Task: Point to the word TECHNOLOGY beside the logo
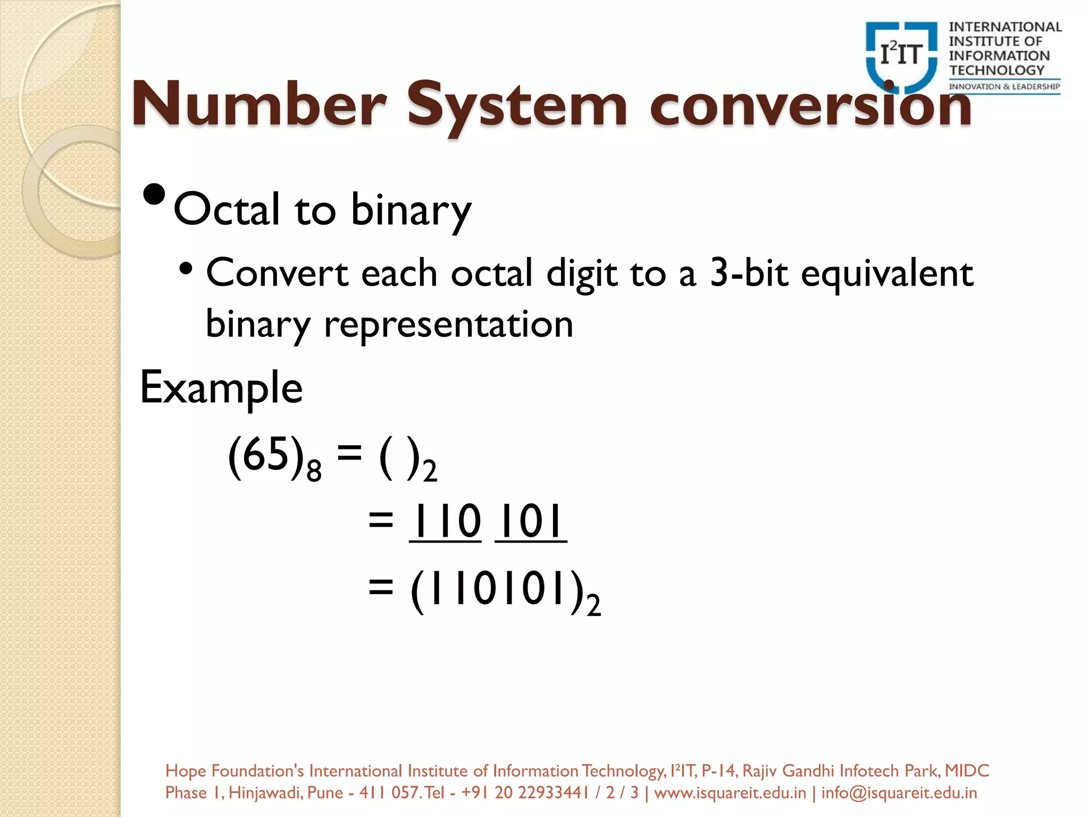[x=997, y=70]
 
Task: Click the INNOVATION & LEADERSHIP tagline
[x=1004, y=87]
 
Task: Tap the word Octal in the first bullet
[x=227, y=210]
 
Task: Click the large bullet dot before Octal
[x=155, y=195]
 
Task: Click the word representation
[x=448, y=324]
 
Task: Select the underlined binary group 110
[x=446, y=522]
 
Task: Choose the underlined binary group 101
[x=531, y=522]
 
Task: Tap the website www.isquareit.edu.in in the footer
[x=730, y=793]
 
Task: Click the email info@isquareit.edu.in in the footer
[x=899, y=793]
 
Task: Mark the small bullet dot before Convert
[x=186, y=269]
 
